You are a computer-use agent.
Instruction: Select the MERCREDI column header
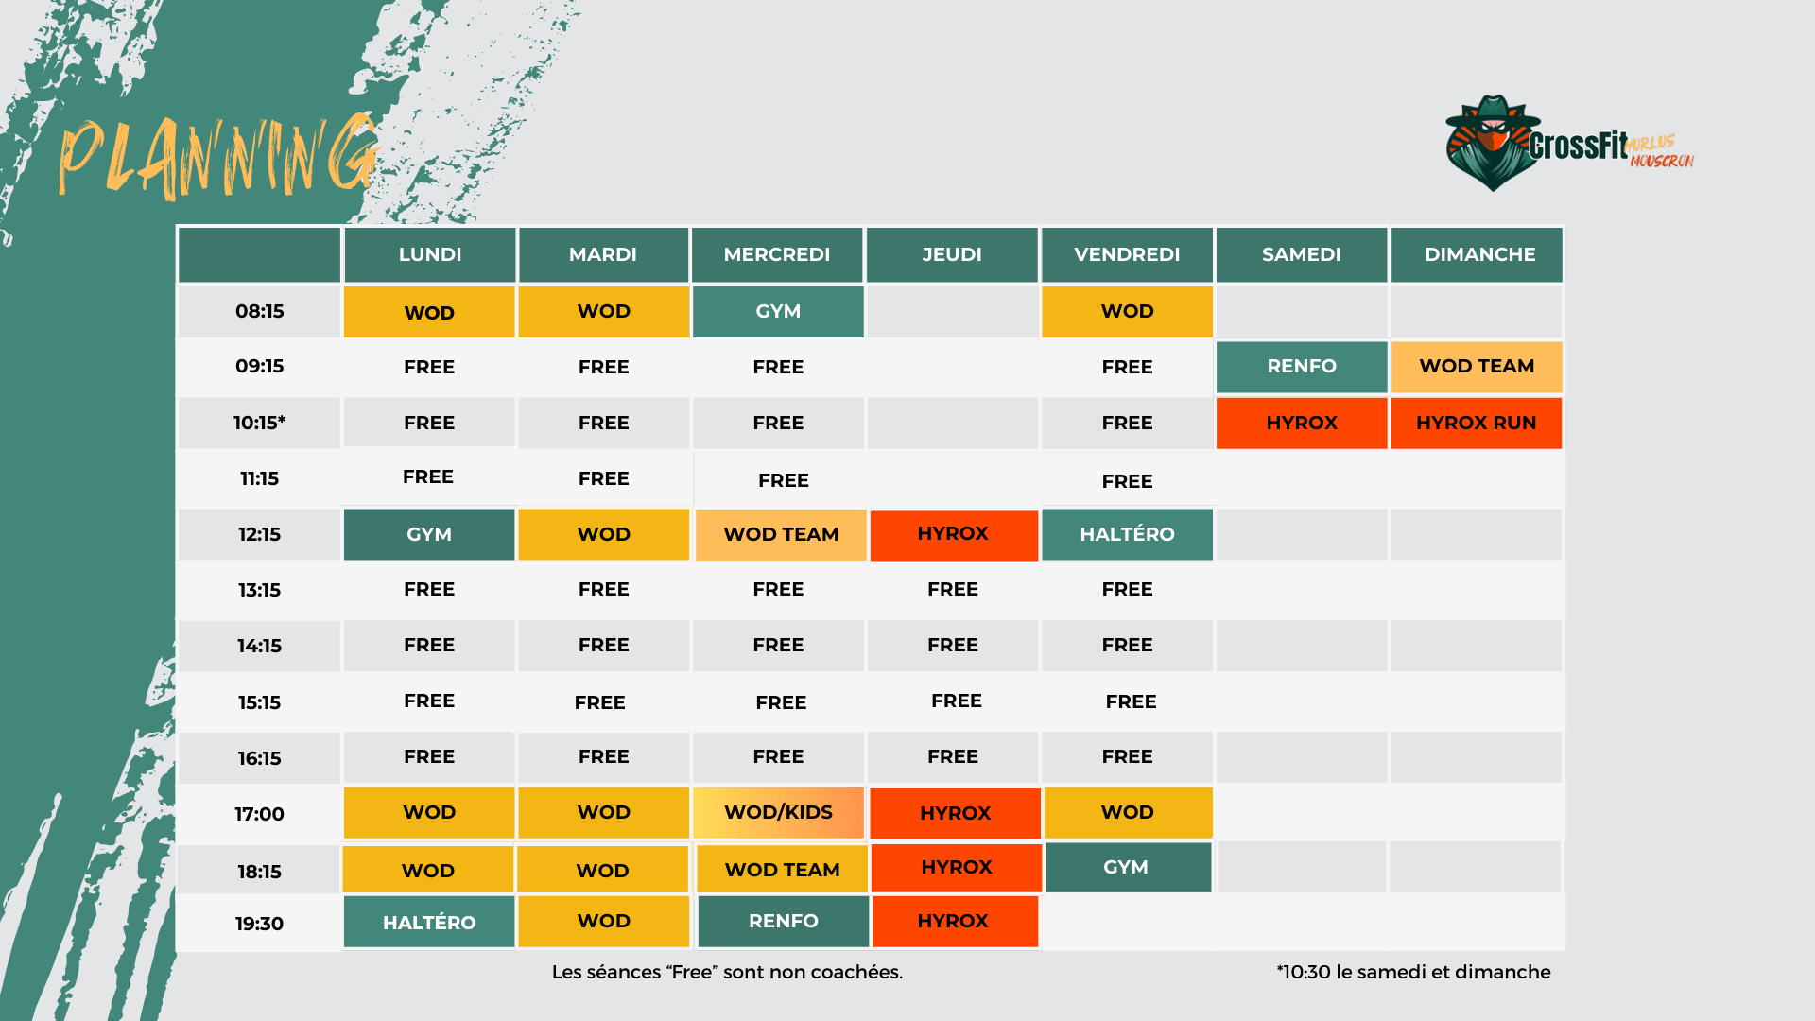coord(776,254)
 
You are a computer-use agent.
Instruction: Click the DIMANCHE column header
coord(1478,254)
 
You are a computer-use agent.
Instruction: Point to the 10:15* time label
coord(259,423)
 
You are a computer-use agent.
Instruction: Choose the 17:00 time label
coord(259,814)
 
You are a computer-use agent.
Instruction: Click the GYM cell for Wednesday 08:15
coord(778,311)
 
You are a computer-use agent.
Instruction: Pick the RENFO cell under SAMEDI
coord(1301,366)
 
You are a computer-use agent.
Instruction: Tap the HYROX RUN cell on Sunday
coord(1476,423)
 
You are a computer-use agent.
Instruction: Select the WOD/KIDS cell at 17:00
coord(778,812)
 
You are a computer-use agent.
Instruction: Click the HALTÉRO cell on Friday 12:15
coord(1127,534)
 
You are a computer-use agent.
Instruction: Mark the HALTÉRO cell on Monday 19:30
coord(429,922)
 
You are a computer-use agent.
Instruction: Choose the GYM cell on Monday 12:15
coord(429,534)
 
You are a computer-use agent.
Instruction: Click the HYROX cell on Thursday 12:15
coord(953,534)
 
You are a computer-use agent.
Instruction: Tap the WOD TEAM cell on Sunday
coord(1476,366)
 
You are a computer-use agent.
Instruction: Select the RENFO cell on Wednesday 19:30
coord(783,921)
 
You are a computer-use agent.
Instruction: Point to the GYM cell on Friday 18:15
coord(1126,867)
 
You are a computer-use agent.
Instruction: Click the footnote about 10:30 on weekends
coord(1412,972)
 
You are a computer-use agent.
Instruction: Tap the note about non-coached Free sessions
coord(727,972)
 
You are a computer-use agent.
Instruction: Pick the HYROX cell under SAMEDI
coord(1301,423)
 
